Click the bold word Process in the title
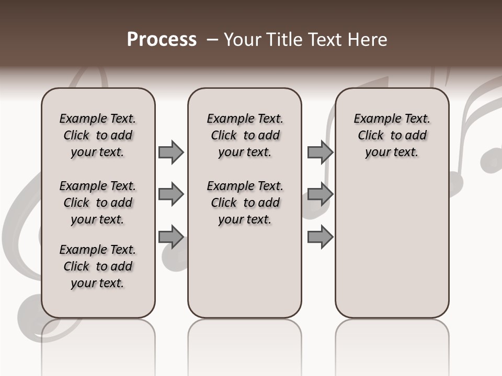162,39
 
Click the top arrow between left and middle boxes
171,152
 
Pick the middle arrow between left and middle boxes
171,195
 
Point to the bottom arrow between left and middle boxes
171,237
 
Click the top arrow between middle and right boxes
320,152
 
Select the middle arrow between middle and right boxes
320,195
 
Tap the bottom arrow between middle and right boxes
320,237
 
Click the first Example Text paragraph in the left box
98,135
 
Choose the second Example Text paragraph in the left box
98,203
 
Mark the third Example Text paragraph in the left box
98,266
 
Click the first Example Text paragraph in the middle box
245,135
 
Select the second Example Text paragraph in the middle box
245,203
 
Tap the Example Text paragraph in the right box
392,135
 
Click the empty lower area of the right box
392,245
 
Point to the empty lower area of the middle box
245,272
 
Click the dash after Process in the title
212,39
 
